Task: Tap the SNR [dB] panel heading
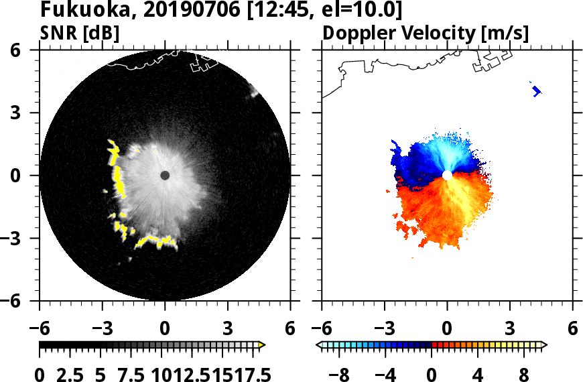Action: click(80, 33)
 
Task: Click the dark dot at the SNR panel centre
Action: click(165, 176)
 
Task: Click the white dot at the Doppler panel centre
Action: click(447, 176)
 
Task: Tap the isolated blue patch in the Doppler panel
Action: click(536, 90)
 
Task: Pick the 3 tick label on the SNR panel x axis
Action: click(228, 329)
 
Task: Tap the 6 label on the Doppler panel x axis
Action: click(572, 329)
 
